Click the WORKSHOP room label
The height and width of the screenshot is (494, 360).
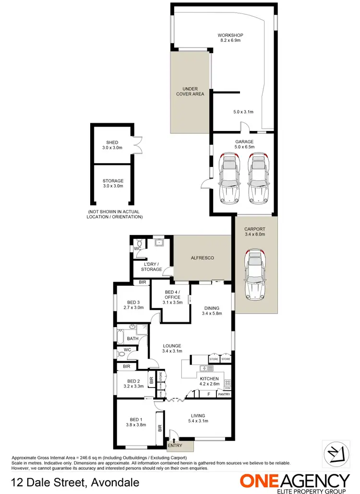coord(230,35)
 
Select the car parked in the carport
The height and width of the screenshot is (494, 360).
coord(255,274)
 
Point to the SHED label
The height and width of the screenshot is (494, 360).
coord(112,142)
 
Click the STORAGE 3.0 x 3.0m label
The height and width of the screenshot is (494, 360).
coord(113,183)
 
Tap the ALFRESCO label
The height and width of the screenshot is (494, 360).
coord(202,258)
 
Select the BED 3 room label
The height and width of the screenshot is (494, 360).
coord(133,302)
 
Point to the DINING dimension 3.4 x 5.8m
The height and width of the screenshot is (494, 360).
coord(211,314)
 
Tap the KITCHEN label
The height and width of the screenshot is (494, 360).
coord(209,378)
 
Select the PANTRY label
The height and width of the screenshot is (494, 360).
coord(224,394)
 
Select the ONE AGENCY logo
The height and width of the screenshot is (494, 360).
coord(295,482)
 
